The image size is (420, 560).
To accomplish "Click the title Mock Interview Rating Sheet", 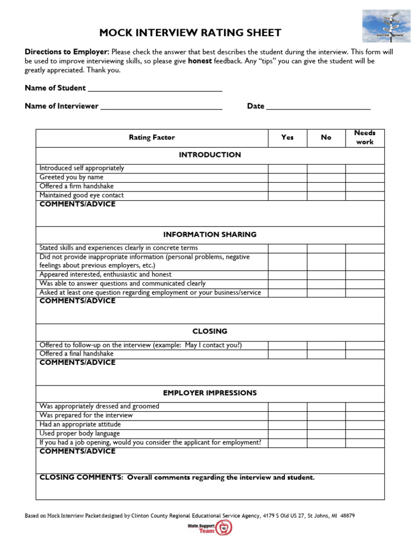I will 190,33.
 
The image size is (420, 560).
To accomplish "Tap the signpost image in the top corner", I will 386,26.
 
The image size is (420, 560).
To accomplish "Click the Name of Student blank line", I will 155,88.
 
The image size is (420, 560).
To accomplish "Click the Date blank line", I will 318,106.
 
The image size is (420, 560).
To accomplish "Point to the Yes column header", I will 287,138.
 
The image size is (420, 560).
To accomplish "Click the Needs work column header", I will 365,138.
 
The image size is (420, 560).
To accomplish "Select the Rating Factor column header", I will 151,138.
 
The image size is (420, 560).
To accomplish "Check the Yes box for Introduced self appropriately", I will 287,168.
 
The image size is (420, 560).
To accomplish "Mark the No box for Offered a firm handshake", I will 326,186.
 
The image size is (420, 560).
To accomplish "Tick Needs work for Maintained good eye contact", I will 365,195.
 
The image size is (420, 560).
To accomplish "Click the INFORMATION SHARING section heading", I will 209,235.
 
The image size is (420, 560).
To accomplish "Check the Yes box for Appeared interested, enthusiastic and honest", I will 287,275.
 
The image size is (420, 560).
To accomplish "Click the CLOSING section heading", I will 209,331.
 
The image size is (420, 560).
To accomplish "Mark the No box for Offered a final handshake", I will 326,354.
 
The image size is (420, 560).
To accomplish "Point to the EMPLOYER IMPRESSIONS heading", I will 209,393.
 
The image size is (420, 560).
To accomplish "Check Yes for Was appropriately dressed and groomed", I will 287,406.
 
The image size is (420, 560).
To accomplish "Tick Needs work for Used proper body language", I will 365,434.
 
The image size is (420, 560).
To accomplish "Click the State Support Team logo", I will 210,528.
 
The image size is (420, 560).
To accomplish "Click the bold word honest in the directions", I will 200,61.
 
